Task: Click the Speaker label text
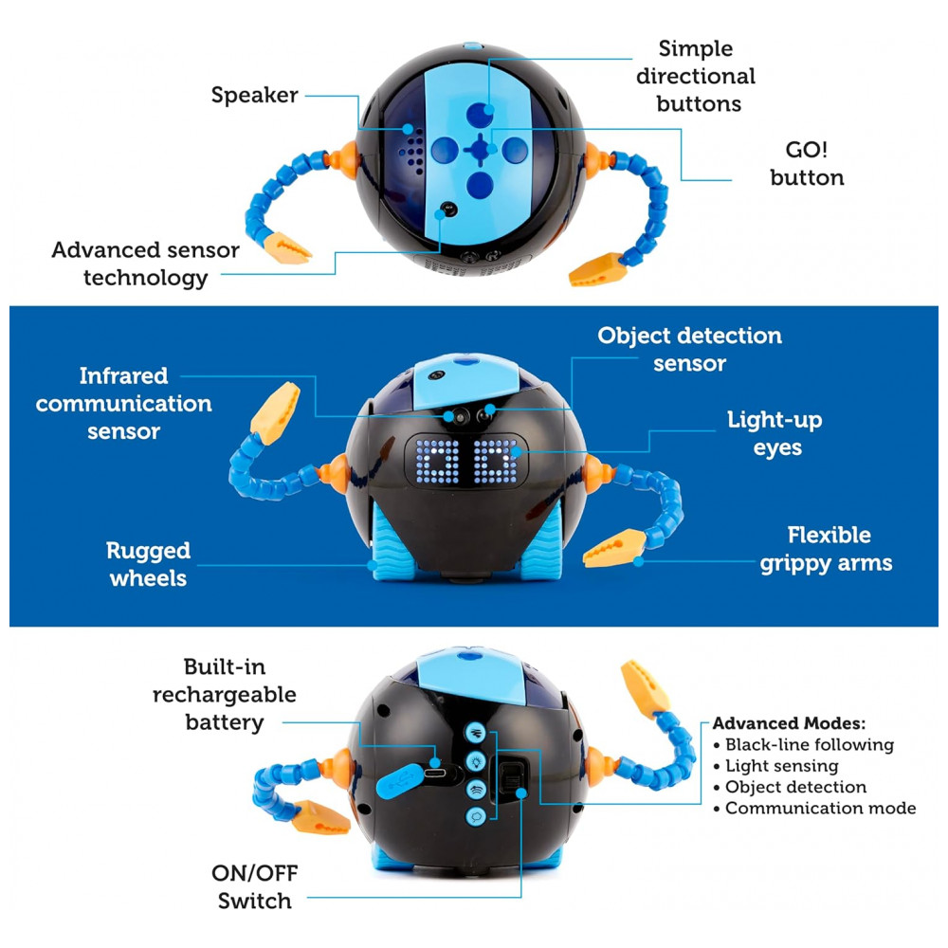coord(254,95)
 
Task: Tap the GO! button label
coord(807,163)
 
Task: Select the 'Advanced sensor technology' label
coord(145,264)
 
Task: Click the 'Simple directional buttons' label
coord(696,76)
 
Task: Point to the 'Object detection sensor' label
coord(689,349)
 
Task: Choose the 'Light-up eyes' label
coord(775,433)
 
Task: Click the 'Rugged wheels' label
coord(148,564)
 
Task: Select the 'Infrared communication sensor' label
coord(123,403)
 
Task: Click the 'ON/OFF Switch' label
coord(255,887)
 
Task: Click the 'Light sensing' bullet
coord(781,766)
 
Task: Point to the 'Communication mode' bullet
coord(820,809)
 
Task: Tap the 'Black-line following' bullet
coord(809,745)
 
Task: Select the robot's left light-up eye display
coord(443,464)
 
